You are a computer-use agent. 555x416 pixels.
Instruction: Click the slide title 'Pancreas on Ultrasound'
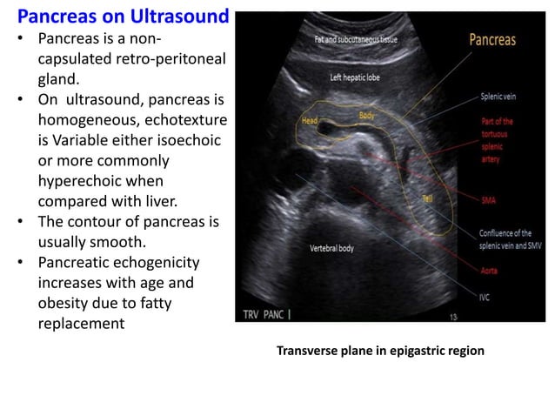pos(124,17)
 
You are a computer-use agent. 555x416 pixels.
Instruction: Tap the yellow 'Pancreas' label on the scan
pos(492,40)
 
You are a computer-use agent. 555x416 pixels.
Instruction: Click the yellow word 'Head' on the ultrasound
pos(310,122)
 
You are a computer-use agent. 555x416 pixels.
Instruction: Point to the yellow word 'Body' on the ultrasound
pos(367,114)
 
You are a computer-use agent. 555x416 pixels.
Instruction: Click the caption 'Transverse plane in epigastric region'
pos(380,352)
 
